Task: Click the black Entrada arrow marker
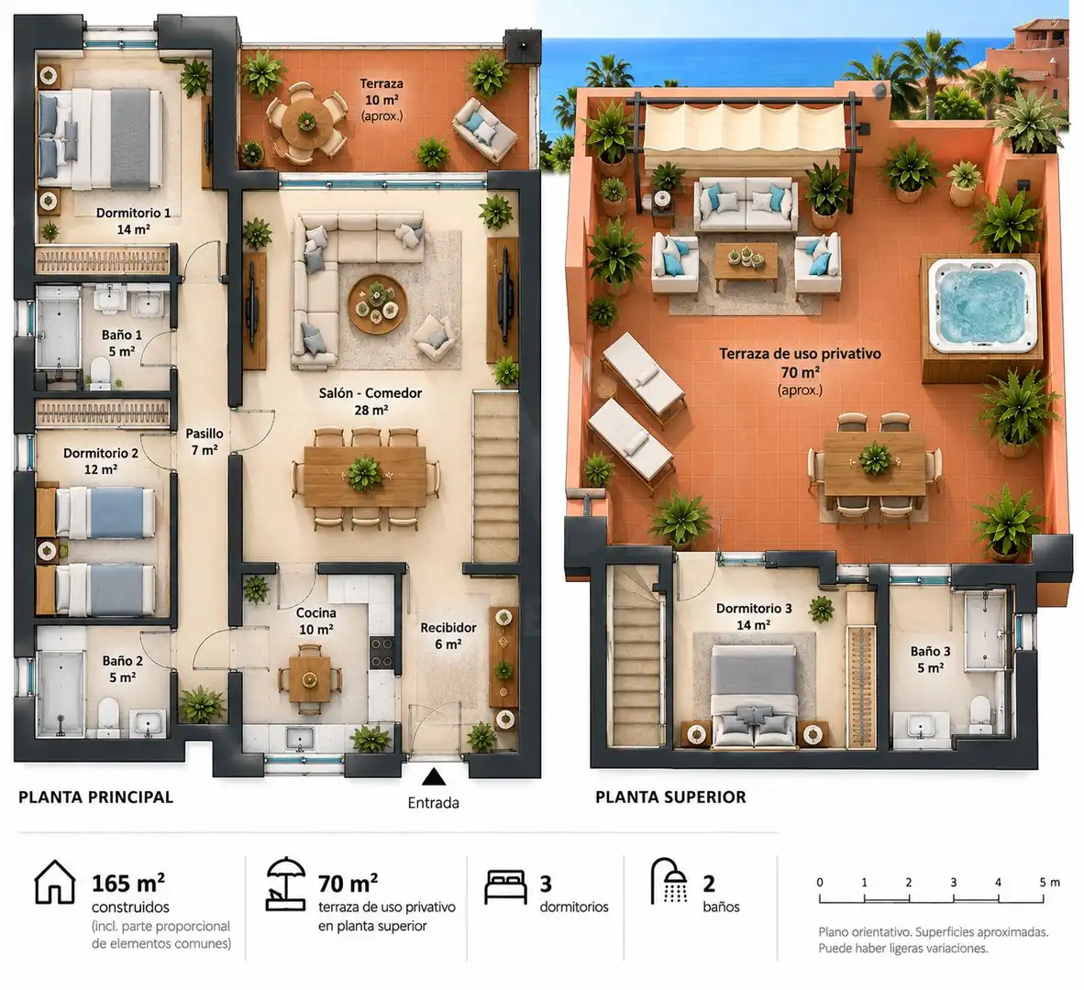click(x=434, y=776)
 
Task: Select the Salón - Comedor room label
click(x=370, y=401)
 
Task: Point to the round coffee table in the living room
click(x=377, y=304)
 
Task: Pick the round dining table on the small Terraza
click(x=304, y=121)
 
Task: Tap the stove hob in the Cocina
click(x=382, y=652)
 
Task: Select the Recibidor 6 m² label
click(x=448, y=635)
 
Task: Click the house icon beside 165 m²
click(x=55, y=882)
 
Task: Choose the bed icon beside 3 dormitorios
click(x=505, y=887)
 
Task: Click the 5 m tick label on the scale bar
click(x=1049, y=882)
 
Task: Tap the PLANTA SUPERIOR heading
click(x=670, y=797)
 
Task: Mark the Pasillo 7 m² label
click(x=205, y=442)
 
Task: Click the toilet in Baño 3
click(x=980, y=714)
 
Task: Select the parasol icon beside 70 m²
click(x=285, y=884)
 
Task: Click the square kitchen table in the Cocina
click(x=310, y=678)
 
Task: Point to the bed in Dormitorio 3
click(x=754, y=696)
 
